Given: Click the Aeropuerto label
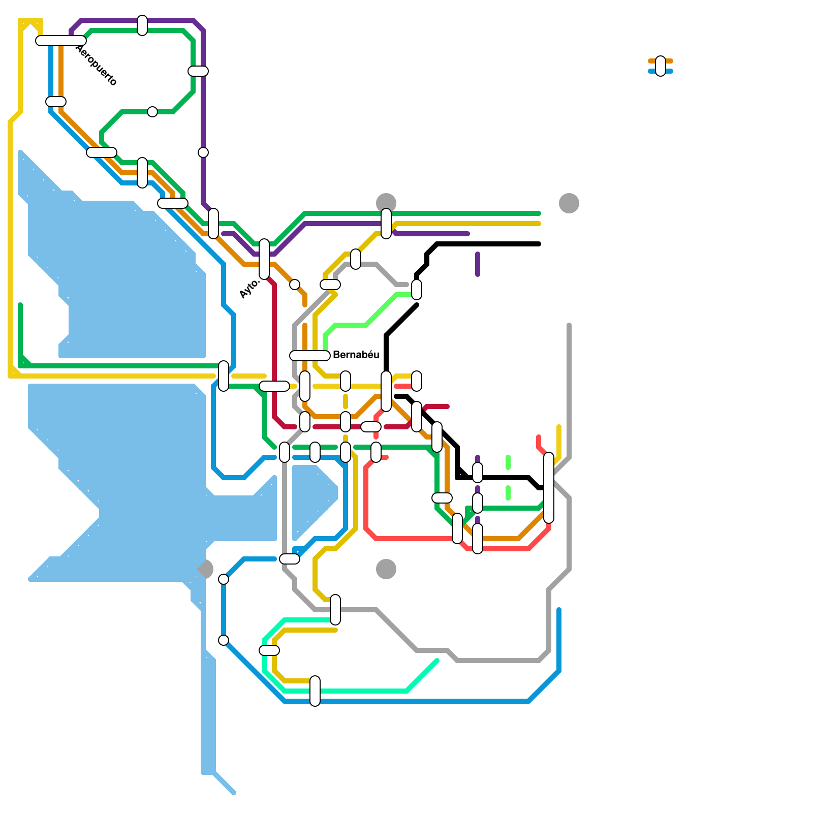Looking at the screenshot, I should tap(97, 65).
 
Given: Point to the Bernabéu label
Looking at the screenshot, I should tap(356, 355).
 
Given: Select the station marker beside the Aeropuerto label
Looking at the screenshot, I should tap(61, 41).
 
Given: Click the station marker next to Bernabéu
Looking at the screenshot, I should tap(310, 356).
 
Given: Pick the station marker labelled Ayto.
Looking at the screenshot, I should tap(264, 259).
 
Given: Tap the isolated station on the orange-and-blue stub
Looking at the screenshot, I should tap(661, 66).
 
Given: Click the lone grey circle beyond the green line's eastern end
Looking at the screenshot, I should tap(569, 203).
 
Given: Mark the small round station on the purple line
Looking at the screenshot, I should tap(203, 152).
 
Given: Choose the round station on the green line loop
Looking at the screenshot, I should tap(152, 112).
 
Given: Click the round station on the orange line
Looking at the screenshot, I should tap(295, 285).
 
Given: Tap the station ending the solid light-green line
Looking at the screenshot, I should tap(417, 290).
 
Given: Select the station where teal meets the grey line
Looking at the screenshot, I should tap(335, 610).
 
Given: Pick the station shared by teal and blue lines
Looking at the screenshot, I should tap(315, 691).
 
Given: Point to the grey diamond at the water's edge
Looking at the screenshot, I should tap(205, 569).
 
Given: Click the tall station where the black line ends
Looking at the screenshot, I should tap(549, 488).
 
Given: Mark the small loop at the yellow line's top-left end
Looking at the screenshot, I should tap(30, 25).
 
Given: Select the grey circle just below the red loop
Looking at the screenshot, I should tap(386, 569).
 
